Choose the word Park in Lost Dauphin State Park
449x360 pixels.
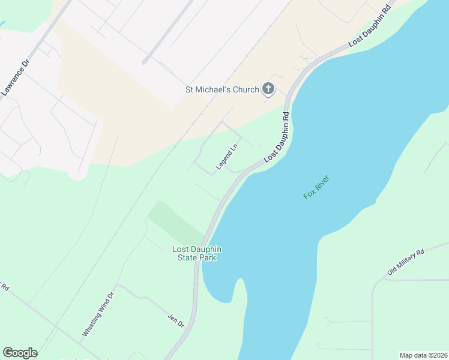tap(208, 257)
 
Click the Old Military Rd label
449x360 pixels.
tap(406, 262)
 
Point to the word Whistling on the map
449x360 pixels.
tap(92, 323)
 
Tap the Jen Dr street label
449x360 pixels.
tap(176, 320)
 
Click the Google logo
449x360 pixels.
tap(20, 353)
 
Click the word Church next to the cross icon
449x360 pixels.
tap(246, 90)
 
